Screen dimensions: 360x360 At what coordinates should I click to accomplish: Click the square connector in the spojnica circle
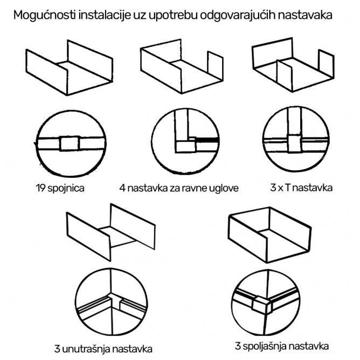point(69,144)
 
